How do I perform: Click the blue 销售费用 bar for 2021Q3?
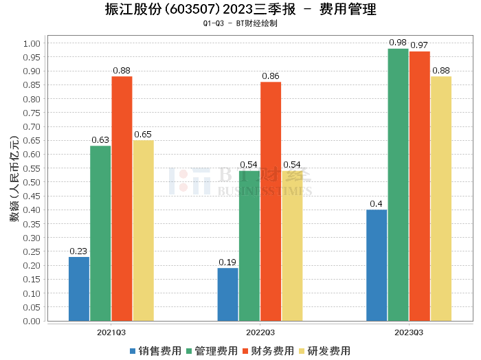[79, 289]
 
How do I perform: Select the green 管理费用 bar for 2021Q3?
[100, 234]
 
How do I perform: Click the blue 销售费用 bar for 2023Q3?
[377, 265]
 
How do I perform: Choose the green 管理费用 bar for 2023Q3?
[398, 185]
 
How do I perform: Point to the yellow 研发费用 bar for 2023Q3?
[441, 199]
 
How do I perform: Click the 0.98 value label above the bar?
[398, 43]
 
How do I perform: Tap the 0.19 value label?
[227, 262]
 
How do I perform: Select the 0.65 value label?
[143, 135]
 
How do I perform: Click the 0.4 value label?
[377, 204]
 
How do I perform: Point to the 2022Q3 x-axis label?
[260, 332]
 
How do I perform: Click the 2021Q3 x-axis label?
[111, 332]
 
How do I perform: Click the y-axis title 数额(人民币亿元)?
[14, 182]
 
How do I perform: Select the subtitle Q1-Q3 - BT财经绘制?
[240, 23]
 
